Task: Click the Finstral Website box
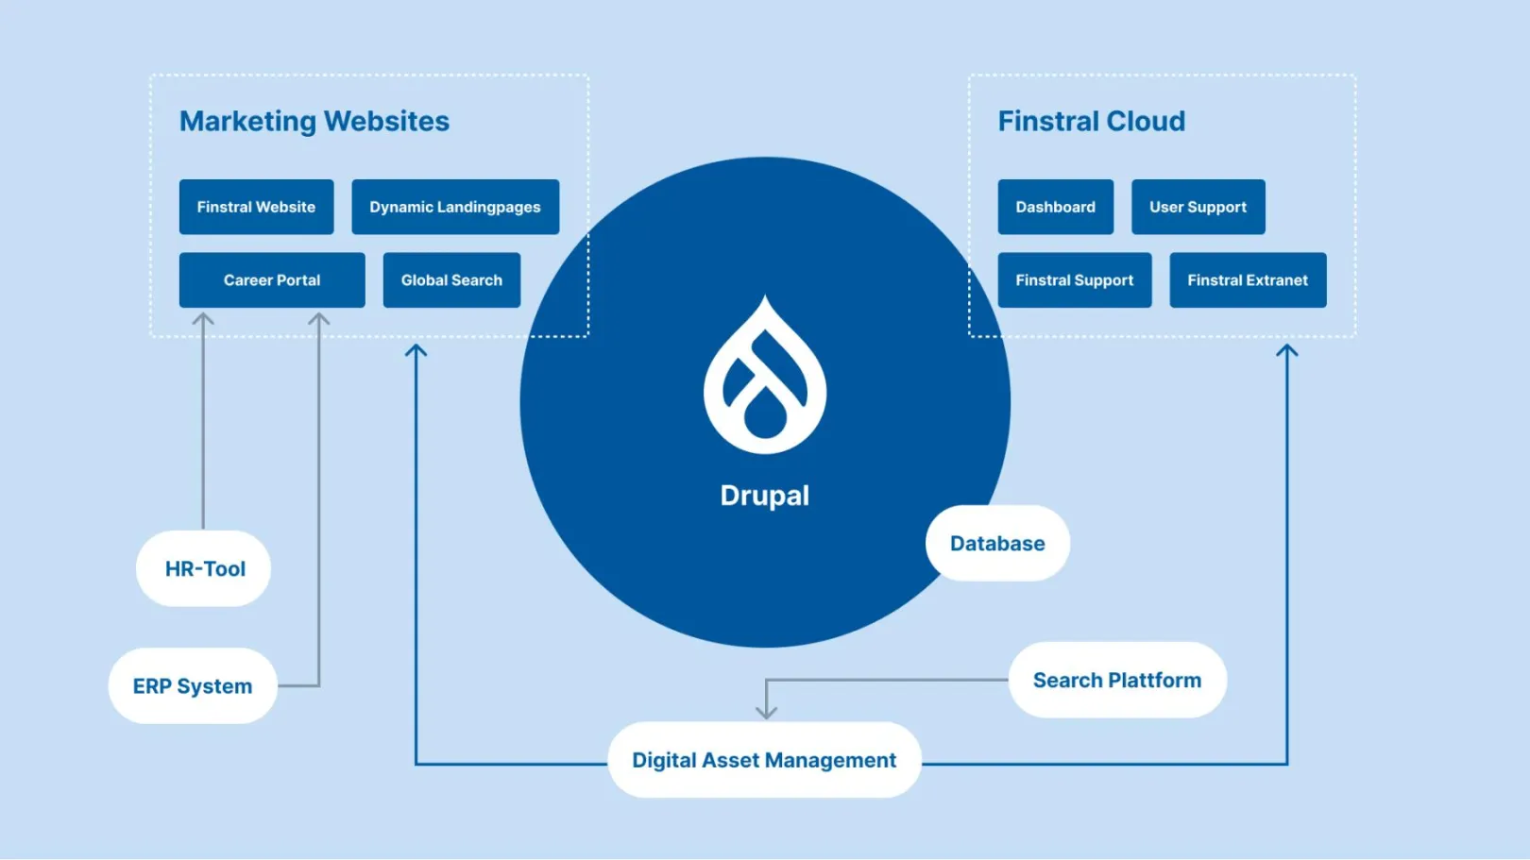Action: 256,207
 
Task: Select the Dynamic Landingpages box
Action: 455,207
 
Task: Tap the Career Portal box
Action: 272,279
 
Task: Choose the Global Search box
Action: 451,279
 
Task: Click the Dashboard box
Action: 1055,207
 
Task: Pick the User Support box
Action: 1198,207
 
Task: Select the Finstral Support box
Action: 1074,279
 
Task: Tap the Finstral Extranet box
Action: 1247,279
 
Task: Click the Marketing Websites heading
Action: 314,121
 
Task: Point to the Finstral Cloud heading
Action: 1091,121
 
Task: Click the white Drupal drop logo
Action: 765,378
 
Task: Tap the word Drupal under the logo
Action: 764,496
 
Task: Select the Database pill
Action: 997,543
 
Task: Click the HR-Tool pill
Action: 204,568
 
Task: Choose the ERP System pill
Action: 193,686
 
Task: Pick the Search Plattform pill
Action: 1116,680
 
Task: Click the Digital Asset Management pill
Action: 764,760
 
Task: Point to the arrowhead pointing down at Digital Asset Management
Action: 766,712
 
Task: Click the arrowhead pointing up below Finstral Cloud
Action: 1286,350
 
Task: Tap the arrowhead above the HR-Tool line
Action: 203,320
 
